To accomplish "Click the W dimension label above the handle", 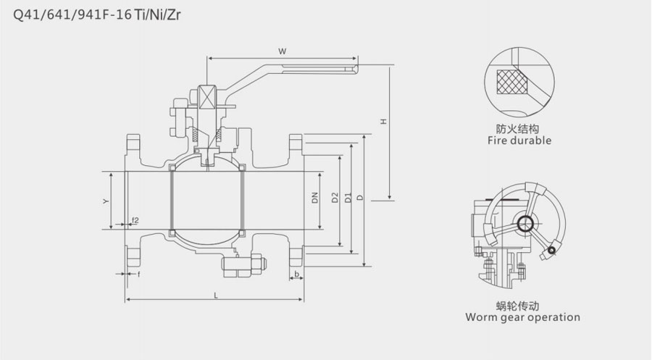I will [283, 51].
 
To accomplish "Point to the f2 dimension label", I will [135, 219].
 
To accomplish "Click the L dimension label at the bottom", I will [215, 293].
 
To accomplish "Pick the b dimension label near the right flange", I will [296, 273].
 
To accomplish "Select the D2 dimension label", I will [335, 197].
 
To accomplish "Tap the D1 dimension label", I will [348, 197].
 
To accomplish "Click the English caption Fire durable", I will [519, 141].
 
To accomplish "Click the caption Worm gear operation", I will [522, 317].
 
